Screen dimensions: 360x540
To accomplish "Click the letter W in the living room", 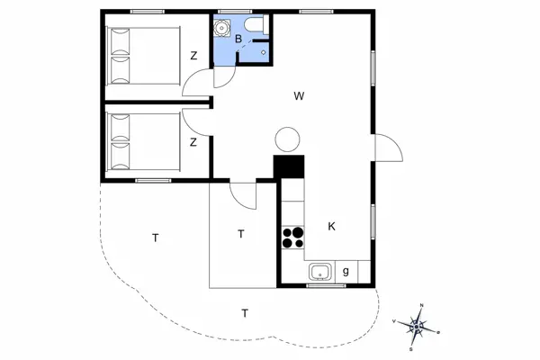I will (299, 94).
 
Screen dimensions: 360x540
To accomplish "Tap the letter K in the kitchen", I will (331, 226).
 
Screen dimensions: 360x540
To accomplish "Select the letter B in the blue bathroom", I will (238, 40).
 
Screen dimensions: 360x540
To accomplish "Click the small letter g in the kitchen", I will (346, 272).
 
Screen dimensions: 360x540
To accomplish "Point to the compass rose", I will (417, 325).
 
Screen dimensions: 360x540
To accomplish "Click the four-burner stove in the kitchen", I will (293, 237).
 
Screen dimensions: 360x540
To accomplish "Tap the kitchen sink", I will (319, 272).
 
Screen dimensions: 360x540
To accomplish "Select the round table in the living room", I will (287, 139).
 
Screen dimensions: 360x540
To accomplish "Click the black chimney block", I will (290, 166).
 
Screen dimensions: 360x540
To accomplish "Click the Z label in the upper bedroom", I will (193, 56).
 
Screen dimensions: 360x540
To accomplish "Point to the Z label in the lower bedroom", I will (193, 142).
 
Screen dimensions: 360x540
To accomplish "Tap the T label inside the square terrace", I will (240, 234).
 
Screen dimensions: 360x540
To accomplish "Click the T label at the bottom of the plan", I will (244, 313).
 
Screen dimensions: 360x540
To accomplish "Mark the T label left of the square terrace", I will (155, 238).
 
